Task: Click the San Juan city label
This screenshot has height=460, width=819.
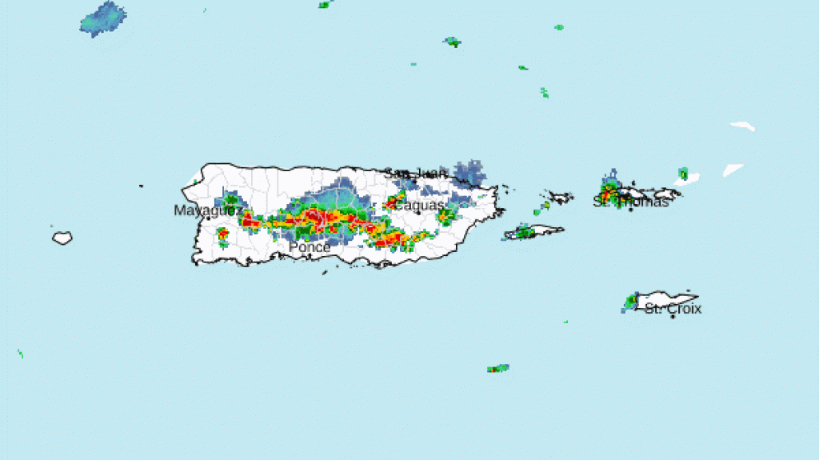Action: click(415, 173)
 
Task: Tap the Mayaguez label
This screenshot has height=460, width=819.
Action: click(207, 210)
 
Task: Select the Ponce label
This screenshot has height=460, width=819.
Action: click(309, 248)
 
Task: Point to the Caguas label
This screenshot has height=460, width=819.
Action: click(419, 206)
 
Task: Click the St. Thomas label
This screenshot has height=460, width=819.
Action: click(630, 202)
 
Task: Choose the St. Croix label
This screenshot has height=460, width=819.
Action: click(673, 309)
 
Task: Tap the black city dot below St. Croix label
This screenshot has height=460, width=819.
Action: click(673, 317)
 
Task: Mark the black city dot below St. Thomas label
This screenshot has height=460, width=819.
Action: click(630, 210)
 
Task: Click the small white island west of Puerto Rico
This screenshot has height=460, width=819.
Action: click(62, 238)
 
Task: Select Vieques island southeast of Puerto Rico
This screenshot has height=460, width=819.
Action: click(534, 233)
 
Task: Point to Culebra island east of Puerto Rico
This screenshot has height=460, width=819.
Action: click(557, 196)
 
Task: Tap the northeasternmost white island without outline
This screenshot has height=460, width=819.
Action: click(742, 126)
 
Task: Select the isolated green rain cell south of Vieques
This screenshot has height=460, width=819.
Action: click(497, 369)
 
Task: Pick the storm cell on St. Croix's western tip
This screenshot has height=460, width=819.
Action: click(630, 302)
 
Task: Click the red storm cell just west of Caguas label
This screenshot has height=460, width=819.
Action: click(393, 203)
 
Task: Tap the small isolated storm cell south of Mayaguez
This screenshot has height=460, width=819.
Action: click(223, 235)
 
